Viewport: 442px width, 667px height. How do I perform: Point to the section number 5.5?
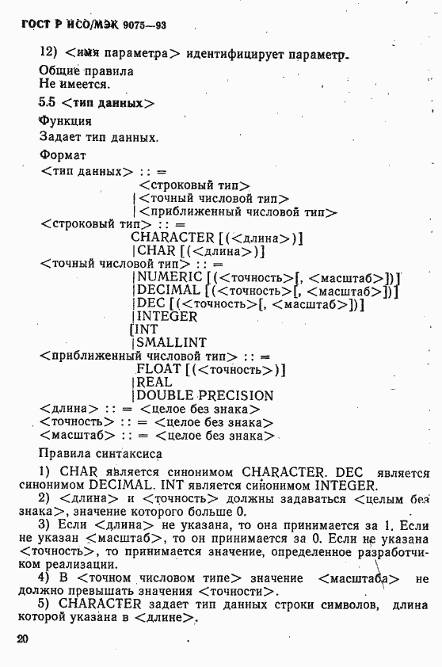tap(48, 103)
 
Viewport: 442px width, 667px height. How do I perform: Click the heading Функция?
tap(65, 121)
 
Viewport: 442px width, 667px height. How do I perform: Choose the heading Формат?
tap(63, 155)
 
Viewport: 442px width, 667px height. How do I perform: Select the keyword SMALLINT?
tap(172, 342)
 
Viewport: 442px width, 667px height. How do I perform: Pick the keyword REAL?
tap(154, 383)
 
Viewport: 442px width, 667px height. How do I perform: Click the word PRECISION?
tap(235, 395)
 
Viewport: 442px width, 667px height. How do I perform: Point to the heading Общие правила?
tap(86, 71)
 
